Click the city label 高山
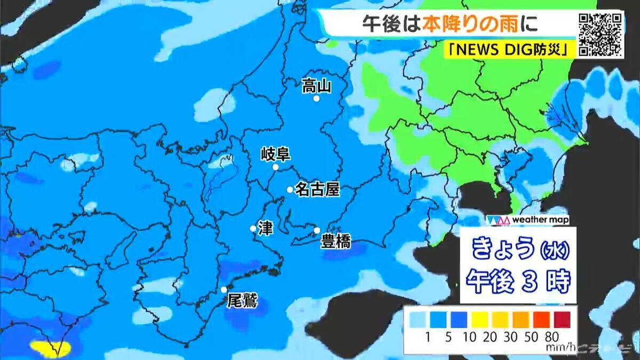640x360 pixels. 317,85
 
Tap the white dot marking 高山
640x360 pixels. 316,99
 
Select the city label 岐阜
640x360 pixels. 275,155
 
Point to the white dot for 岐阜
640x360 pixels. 276,167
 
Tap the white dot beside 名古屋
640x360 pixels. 290,189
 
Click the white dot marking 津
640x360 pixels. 253,228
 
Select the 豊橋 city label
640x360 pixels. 335,242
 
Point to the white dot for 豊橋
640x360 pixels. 317,230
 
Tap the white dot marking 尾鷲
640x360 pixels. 224,290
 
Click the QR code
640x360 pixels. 601,34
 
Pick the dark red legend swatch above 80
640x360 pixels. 562,319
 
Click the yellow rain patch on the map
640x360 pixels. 51,349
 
